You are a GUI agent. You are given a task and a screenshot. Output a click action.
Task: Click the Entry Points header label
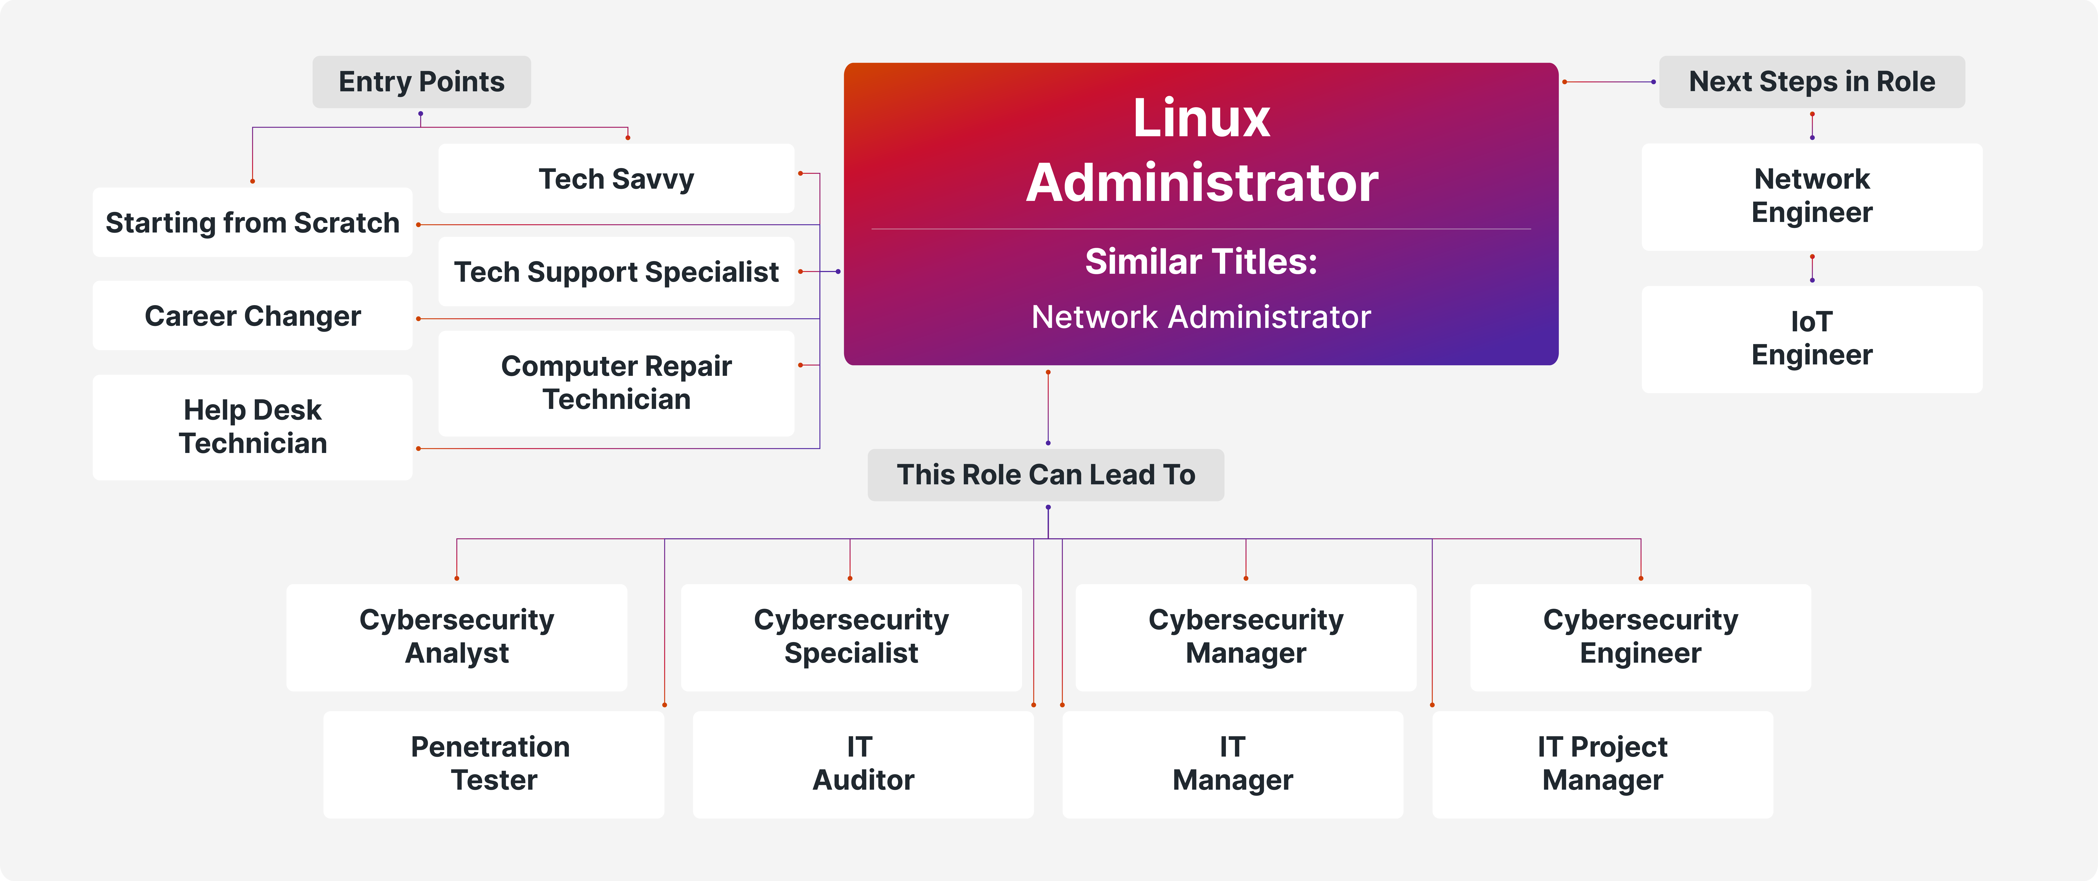(x=421, y=81)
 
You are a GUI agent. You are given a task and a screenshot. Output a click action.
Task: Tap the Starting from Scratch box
(x=252, y=222)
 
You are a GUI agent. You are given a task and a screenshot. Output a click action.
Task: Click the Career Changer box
(x=252, y=316)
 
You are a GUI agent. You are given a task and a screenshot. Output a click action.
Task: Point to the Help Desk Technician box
(x=252, y=427)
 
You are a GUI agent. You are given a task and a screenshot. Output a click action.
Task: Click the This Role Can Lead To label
(x=1046, y=475)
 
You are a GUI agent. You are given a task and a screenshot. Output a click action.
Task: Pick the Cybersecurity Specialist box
(x=851, y=637)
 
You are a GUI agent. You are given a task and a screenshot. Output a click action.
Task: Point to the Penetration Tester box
(x=494, y=764)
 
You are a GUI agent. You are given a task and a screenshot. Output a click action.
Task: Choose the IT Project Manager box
(x=1602, y=764)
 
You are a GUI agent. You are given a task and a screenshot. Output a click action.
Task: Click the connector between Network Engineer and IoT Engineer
(x=1812, y=268)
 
